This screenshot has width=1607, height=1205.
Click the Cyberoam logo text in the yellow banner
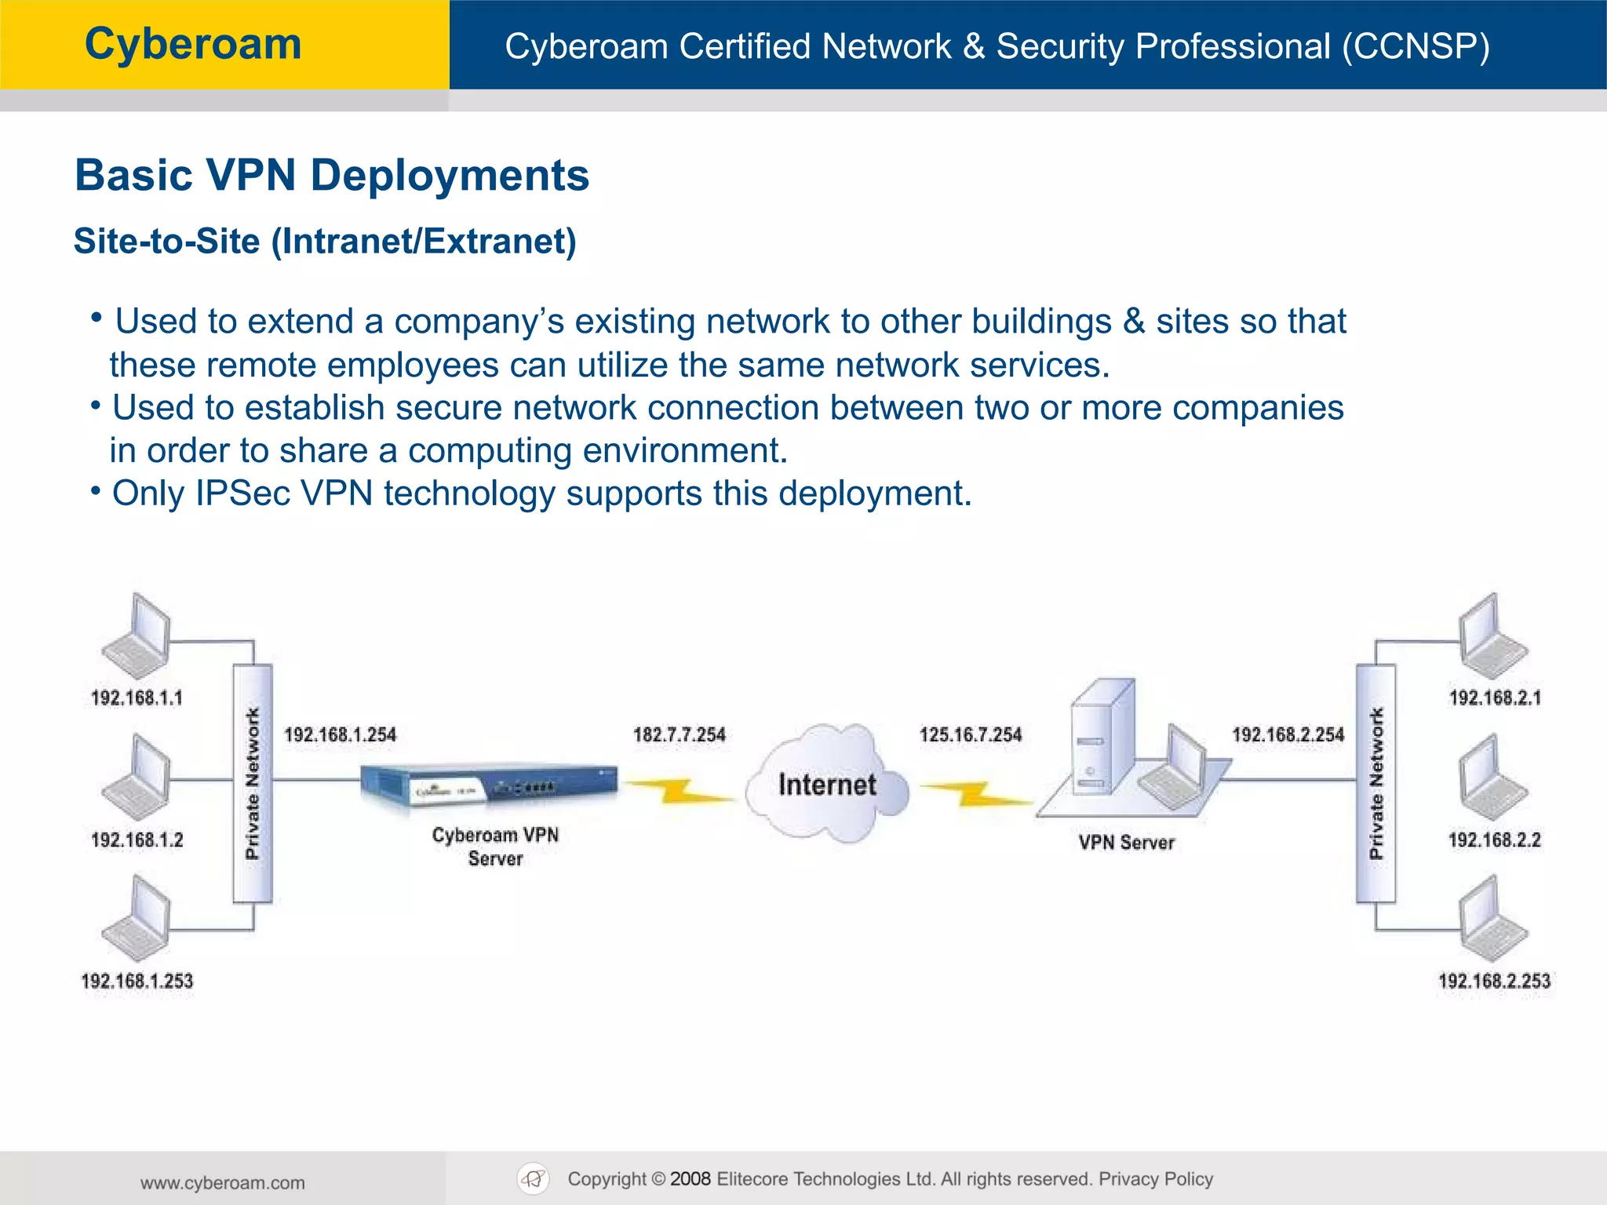(x=193, y=44)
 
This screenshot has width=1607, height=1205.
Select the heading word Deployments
(x=450, y=175)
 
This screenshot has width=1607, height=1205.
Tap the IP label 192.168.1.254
(x=340, y=735)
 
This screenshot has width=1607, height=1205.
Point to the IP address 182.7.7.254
(x=680, y=735)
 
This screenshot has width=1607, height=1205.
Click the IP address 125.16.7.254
(x=971, y=735)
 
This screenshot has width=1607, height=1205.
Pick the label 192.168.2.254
(x=1288, y=735)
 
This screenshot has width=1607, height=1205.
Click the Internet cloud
(x=827, y=785)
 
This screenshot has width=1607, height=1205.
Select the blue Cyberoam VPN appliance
(x=488, y=784)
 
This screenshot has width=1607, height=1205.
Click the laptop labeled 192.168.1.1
(x=137, y=637)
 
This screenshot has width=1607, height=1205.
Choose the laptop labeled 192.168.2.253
(x=1493, y=919)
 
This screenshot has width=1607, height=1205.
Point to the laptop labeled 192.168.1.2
(x=137, y=778)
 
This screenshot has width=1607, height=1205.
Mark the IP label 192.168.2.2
(x=1494, y=840)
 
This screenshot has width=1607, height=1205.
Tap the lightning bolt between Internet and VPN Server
(x=975, y=794)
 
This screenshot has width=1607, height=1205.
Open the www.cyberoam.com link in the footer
(x=223, y=1183)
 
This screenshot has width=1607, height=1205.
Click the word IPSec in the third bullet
(x=242, y=493)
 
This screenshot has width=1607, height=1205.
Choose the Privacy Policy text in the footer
(x=1155, y=1179)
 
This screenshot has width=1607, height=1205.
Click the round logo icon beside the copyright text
(x=534, y=1179)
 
